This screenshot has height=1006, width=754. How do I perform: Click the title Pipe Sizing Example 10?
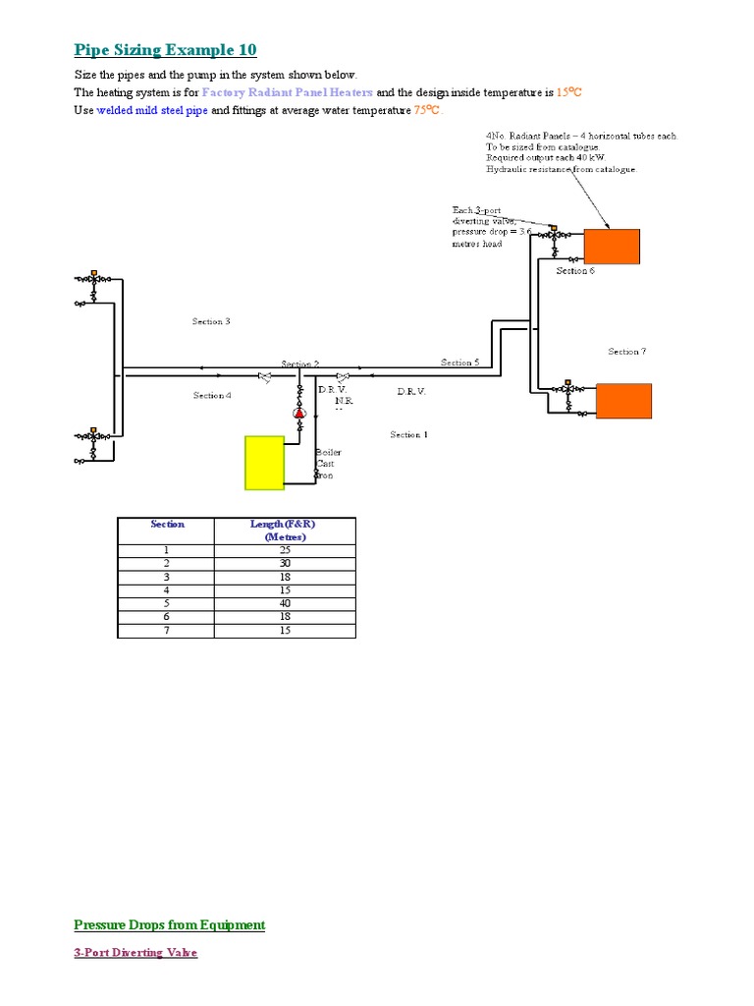[x=165, y=50]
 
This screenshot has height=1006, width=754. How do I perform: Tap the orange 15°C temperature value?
[x=569, y=92]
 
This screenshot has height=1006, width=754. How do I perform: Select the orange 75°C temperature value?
[x=427, y=111]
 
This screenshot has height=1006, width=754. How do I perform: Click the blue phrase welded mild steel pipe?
[x=152, y=111]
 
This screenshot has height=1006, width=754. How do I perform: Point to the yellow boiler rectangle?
[x=264, y=462]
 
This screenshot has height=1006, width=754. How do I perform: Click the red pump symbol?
[x=300, y=414]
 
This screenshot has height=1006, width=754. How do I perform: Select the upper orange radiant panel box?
[x=612, y=247]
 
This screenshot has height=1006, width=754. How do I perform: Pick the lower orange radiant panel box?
[x=623, y=400]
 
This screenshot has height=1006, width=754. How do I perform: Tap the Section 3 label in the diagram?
[x=211, y=321]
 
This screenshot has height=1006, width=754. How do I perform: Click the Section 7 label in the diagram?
[x=626, y=352]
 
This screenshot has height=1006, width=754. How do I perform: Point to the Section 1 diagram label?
[x=408, y=434]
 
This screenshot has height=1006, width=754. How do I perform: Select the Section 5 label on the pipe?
[x=459, y=363]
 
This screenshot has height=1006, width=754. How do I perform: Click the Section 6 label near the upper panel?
[x=575, y=271]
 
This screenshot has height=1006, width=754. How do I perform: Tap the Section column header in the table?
[x=167, y=525]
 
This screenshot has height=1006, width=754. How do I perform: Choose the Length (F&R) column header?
[x=285, y=531]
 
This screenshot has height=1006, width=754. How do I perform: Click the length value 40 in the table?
[x=285, y=604]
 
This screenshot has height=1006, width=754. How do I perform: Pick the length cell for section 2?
[x=285, y=564]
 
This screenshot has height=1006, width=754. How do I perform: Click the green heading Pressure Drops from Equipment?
[x=170, y=924]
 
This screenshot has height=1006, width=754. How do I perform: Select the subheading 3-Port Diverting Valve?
[x=135, y=953]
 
